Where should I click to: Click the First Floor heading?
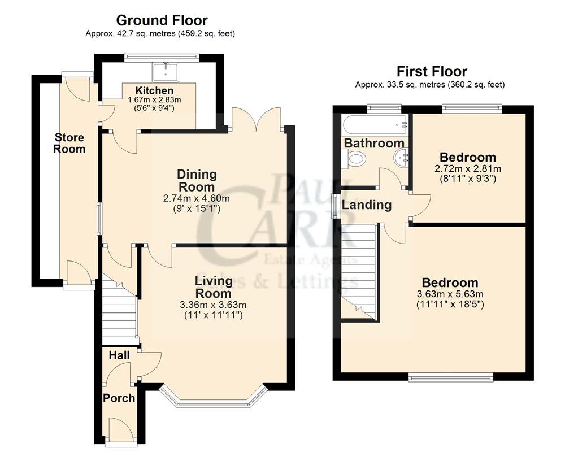click(432, 72)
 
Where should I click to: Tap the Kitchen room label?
click(154, 90)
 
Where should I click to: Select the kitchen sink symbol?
click(165, 71)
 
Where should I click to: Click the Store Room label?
click(69, 143)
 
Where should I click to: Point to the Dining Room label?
click(196, 180)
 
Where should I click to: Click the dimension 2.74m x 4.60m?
click(196, 198)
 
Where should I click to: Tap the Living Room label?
click(213, 287)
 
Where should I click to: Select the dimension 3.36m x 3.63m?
click(213, 305)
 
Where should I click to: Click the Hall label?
click(119, 355)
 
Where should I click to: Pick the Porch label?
click(119, 398)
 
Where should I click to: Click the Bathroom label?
click(374, 143)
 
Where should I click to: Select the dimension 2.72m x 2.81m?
click(468, 168)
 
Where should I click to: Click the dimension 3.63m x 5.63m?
click(450, 294)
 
